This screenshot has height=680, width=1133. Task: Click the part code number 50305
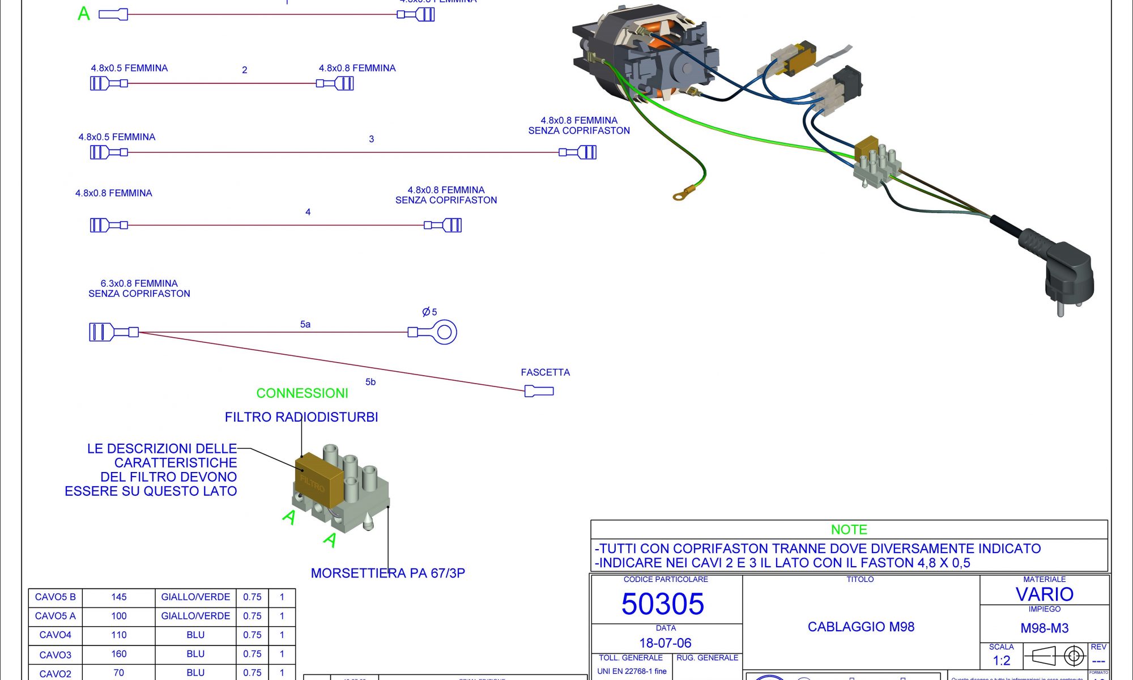(662, 604)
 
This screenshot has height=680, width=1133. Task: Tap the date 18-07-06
(665, 643)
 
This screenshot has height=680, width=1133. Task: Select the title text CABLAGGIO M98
(861, 627)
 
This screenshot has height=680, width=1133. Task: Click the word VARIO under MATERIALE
(1044, 594)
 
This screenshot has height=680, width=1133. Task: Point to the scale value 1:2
(1001, 661)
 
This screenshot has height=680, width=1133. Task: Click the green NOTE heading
(849, 530)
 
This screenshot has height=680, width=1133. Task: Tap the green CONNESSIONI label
(302, 393)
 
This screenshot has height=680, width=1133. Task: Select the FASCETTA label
(545, 372)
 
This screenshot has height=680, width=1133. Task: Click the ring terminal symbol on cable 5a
(444, 332)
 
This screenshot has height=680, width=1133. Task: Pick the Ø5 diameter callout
(429, 312)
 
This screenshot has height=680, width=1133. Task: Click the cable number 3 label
(371, 139)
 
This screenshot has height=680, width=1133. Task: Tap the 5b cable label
(370, 382)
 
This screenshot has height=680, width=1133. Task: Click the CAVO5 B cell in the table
(55, 597)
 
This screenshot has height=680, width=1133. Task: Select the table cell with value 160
(119, 654)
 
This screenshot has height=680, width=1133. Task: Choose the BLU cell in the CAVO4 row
(195, 635)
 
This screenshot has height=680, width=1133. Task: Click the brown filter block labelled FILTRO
(318, 479)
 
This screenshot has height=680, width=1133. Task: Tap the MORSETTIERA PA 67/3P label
(388, 573)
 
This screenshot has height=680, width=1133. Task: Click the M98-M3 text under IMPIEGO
(1044, 628)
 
